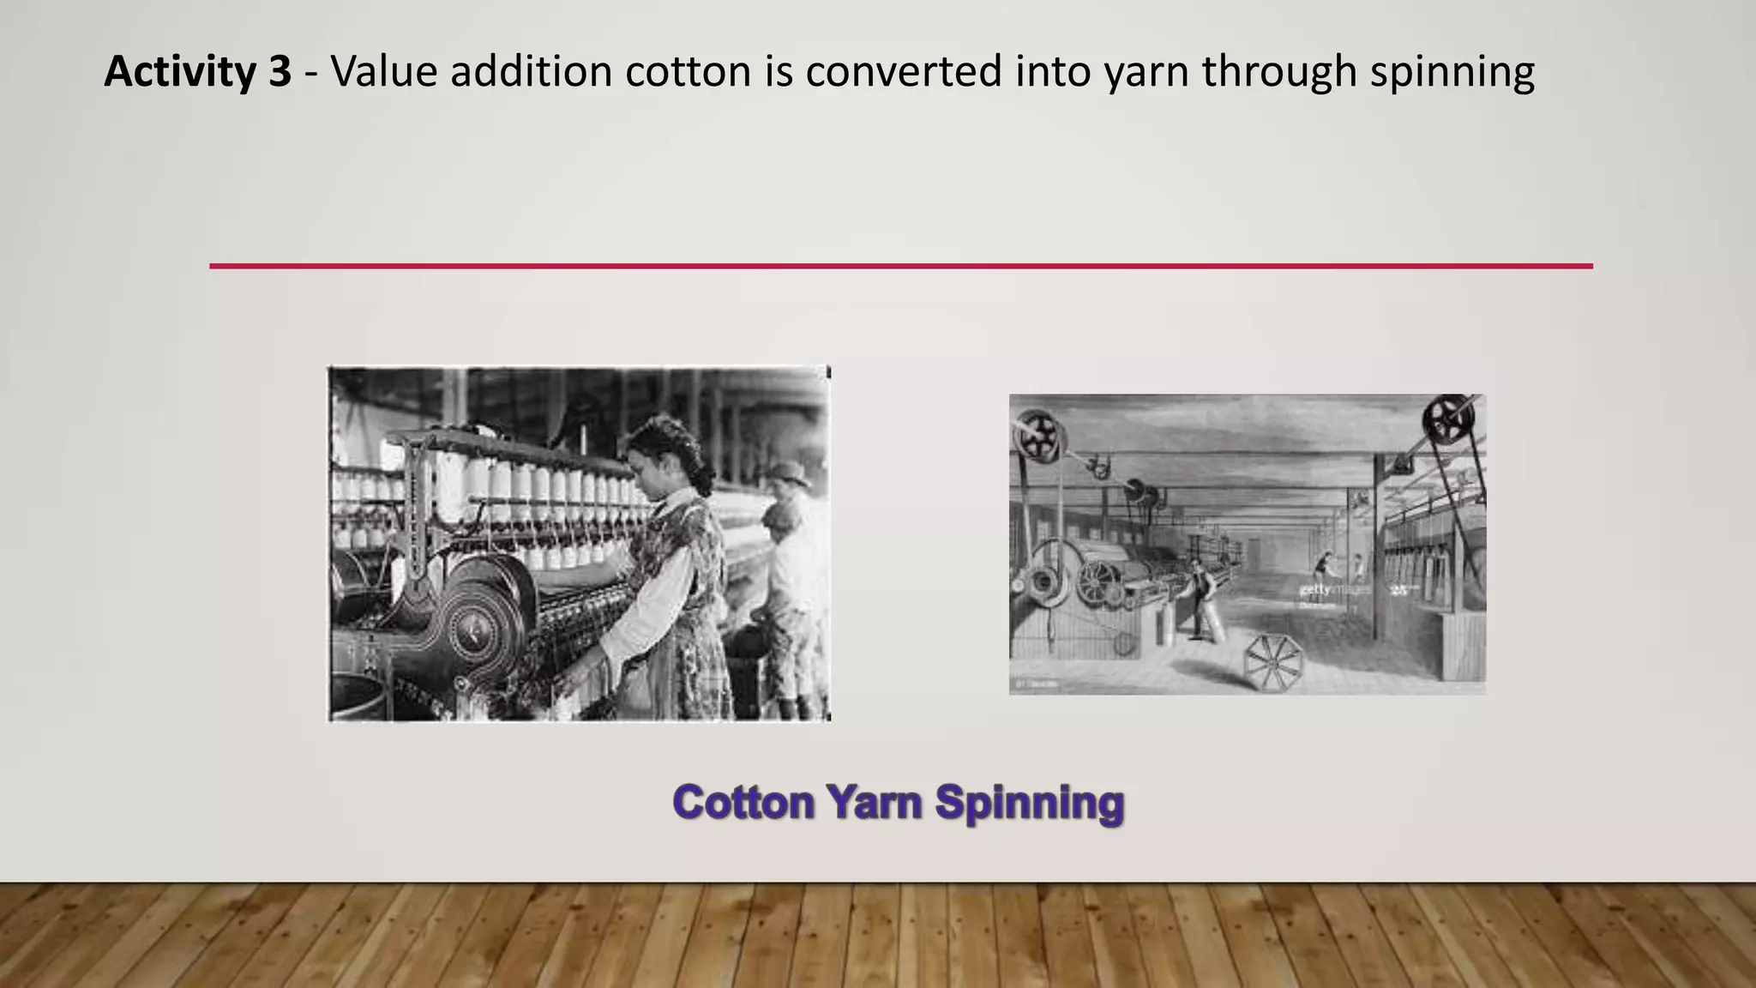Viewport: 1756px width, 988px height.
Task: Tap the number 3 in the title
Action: click(280, 72)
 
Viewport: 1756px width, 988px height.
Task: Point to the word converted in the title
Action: click(904, 72)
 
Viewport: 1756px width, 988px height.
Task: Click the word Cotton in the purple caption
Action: click(743, 803)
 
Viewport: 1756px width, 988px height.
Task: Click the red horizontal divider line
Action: click(900, 266)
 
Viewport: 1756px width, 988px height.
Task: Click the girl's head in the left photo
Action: click(665, 450)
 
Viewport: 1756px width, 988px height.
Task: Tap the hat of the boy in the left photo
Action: click(787, 473)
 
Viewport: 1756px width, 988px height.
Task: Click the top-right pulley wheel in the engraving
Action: click(1448, 420)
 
